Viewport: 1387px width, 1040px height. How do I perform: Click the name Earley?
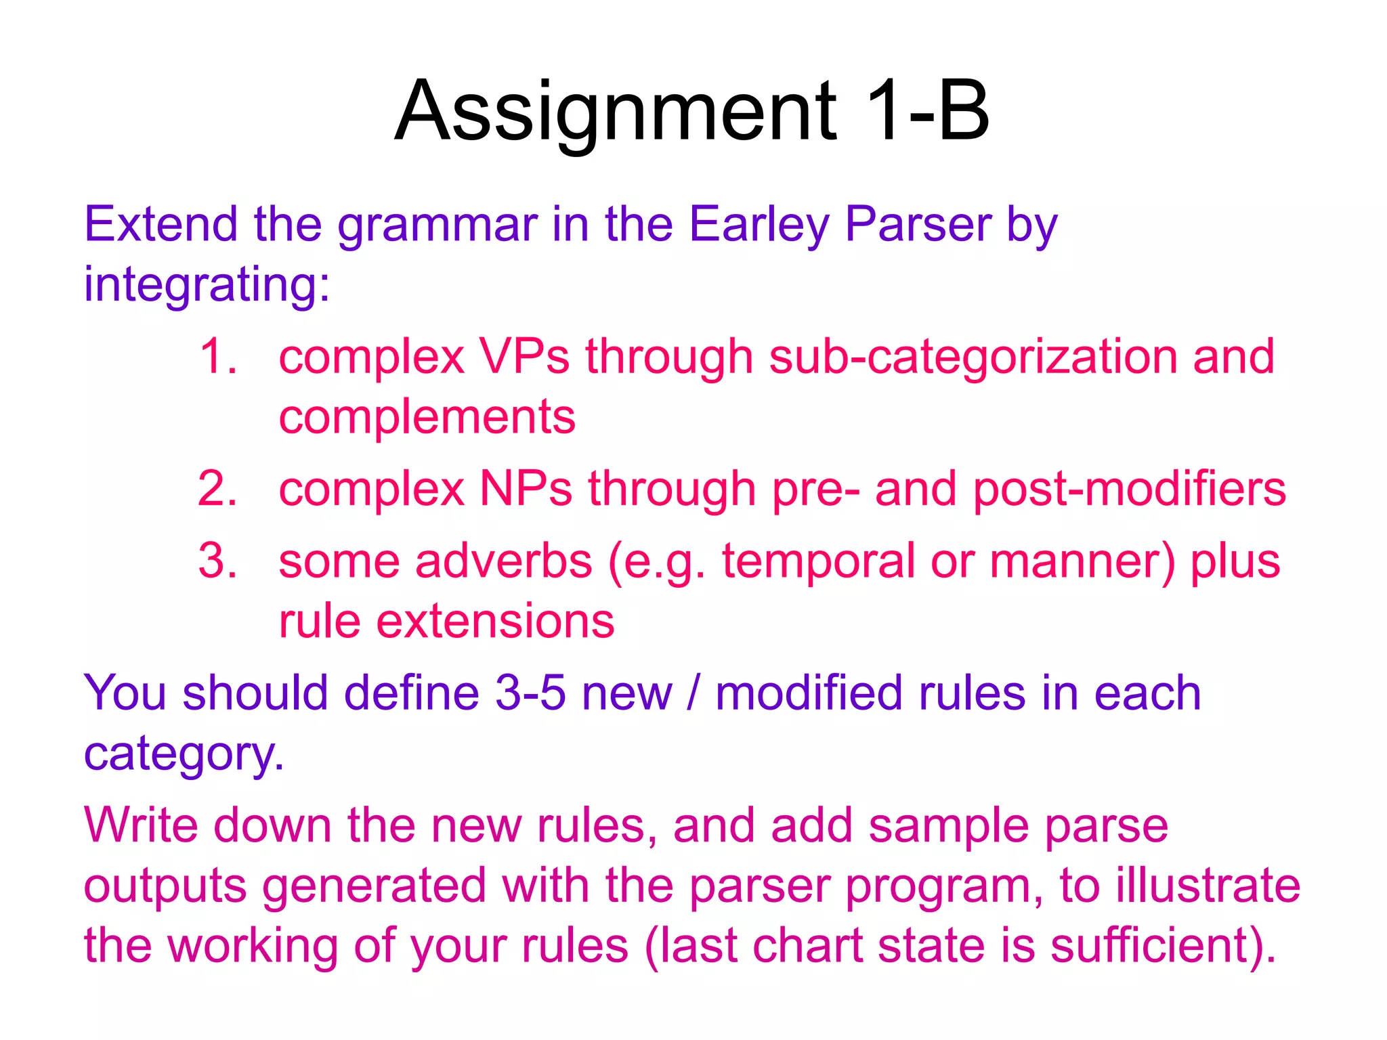[759, 225]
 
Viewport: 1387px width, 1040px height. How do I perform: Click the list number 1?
[217, 356]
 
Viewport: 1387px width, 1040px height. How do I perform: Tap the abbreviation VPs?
[524, 356]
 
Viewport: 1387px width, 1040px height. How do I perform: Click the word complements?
[427, 418]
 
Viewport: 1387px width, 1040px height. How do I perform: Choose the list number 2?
[217, 488]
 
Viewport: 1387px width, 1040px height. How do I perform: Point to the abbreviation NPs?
[526, 488]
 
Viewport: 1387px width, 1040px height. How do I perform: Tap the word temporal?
[817, 563]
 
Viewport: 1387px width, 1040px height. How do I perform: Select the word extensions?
[495, 621]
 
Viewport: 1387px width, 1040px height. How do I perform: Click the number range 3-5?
[530, 693]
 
